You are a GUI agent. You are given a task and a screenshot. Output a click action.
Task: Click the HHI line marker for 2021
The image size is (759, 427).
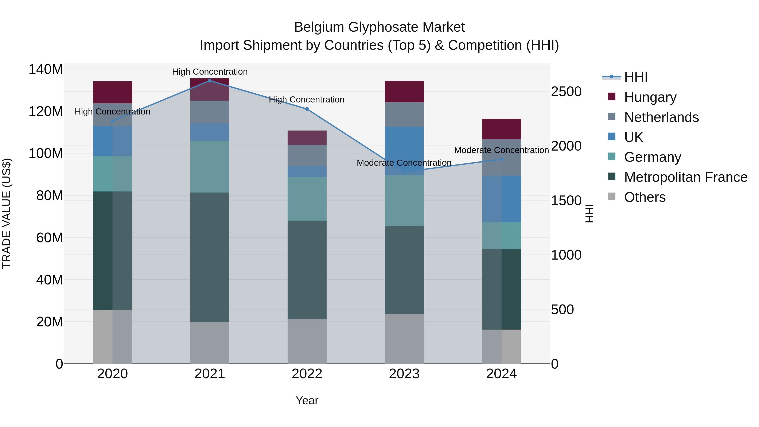pos(210,81)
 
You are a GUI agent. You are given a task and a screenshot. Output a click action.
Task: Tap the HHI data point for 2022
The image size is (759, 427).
pos(307,109)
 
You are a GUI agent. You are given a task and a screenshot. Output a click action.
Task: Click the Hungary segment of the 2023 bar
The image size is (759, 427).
pos(404,91)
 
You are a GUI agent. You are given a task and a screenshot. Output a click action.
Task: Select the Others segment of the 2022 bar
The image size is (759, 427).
pos(307,341)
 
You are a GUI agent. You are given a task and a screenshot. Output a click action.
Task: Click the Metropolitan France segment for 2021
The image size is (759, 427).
pos(210,257)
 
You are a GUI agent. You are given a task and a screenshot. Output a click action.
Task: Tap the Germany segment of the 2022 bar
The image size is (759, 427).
pos(307,199)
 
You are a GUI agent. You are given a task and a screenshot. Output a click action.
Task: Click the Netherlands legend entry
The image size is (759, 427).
pos(661,117)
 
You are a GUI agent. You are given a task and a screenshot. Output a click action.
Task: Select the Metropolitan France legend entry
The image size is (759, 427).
pos(685,177)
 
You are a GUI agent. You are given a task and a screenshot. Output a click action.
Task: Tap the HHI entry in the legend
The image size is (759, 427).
pos(635,77)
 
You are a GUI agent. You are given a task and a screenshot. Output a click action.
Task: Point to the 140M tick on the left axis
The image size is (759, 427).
pos(46,70)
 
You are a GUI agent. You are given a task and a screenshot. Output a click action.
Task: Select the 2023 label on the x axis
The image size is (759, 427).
pos(404,374)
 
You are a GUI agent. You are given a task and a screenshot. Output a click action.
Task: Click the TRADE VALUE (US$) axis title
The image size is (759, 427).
pos(7,213)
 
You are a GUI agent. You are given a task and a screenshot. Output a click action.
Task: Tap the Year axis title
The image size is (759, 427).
pos(307,400)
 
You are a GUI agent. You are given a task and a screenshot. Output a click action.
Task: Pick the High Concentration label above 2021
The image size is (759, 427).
pos(210,72)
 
